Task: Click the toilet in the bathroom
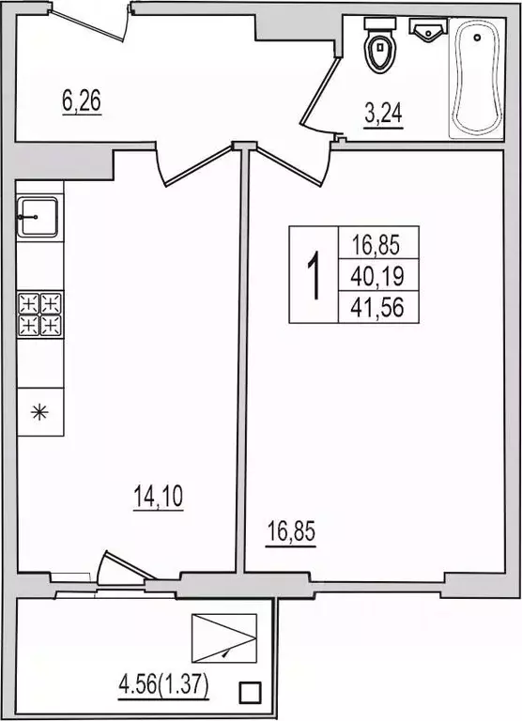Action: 380,45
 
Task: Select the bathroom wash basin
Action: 428,30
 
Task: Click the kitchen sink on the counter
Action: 38,217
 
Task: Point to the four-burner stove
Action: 40,315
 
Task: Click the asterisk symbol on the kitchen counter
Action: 39,411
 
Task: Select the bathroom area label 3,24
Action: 383,114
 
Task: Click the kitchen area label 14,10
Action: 159,497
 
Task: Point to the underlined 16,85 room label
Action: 291,532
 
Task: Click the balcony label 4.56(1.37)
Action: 163,686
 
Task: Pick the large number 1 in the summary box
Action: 314,274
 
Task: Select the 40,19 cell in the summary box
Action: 377,275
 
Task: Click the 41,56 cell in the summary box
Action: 377,307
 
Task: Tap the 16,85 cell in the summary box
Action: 377,244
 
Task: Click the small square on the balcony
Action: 250,691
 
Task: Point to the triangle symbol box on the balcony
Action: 224,638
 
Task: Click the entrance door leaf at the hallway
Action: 87,23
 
